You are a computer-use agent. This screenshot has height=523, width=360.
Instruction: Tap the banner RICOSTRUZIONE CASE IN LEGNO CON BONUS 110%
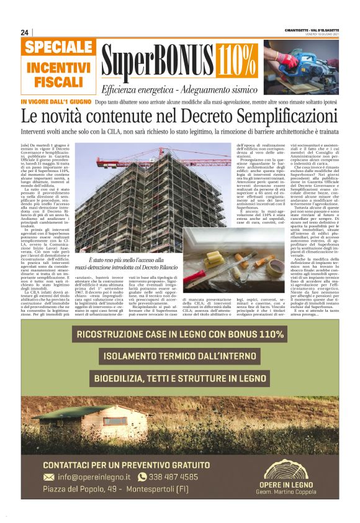click(179, 335)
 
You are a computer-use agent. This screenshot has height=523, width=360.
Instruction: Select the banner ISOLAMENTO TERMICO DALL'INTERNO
click(179, 357)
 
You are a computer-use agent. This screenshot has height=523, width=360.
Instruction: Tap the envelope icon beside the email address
click(49, 477)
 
